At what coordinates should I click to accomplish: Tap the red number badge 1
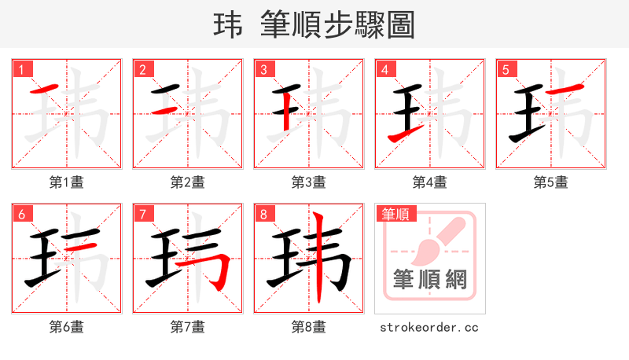[22, 69]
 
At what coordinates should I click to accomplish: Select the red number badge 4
[385, 69]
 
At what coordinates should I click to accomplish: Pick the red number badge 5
[506, 69]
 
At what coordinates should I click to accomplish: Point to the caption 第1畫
[67, 182]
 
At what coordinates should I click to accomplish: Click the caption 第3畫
[309, 182]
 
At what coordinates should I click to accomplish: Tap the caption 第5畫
[551, 182]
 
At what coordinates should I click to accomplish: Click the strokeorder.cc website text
[429, 327]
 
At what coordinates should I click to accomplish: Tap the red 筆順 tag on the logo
[397, 213]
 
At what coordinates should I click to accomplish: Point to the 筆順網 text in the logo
[430, 280]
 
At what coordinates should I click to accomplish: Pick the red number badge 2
[143, 69]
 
